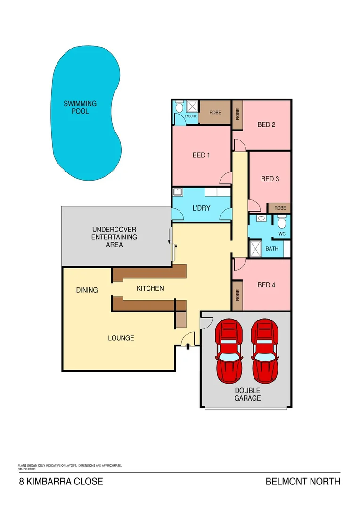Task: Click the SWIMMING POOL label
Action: coord(80,107)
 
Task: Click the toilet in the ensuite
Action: coord(179,108)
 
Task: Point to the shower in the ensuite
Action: coord(191,107)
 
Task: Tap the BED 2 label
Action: coord(266,124)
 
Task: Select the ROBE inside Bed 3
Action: coord(280,208)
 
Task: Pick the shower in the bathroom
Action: coord(255,248)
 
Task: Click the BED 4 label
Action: coord(266,285)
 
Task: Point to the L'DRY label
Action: coord(201,208)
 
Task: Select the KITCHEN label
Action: coord(150,288)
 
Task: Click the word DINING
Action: coord(87,290)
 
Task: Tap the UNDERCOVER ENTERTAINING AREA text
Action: coord(114,237)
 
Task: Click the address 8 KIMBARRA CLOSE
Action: coord(60,482)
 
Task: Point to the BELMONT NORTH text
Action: coord(303,482)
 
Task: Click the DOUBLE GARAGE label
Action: coord(247,394)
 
